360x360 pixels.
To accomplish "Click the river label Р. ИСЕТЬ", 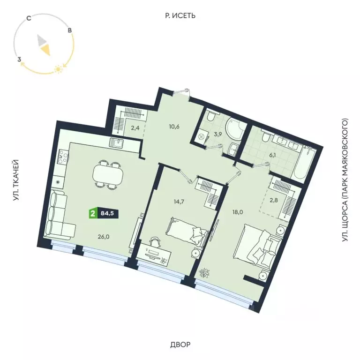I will pyautogui.click(x=180, y=15).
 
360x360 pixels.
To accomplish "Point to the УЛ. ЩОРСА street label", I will pyautogui.click(x=346, y=180).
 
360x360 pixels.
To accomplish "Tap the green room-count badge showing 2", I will pyautogui.click(x=93, y=214).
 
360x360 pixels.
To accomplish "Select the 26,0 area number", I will pyautogui.click(x=105, y=237).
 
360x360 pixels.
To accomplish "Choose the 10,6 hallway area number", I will pyautogui.click(x=175, y=126).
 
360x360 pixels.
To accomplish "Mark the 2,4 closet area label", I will pyautogui.click(x=122, y=127).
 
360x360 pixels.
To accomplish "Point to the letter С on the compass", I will pyautogui.click(x=29, y=19).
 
